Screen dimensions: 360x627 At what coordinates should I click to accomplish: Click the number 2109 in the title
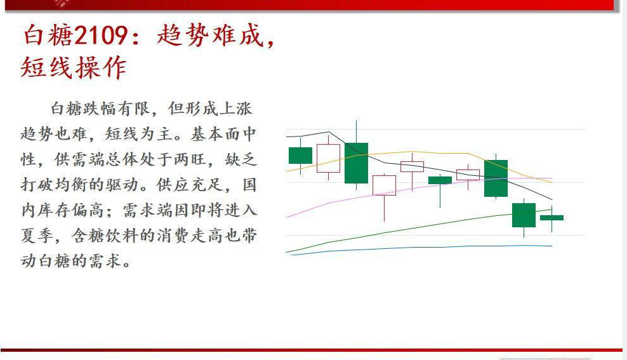pyautogui.click(x=102, y=36)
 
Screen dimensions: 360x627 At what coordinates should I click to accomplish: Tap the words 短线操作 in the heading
pyautogui.click(x=74, y=67)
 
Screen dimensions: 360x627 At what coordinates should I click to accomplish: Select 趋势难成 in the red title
pyautogui.click(x=209, y=36)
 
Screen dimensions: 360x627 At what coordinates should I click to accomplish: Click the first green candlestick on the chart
pyautogui.click(x=300, y=155)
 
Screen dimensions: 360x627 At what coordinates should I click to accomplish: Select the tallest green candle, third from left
pyautogui.click(x=356, y=163)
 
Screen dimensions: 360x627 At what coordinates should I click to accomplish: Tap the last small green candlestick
pyautogui.click(x=551, y=218)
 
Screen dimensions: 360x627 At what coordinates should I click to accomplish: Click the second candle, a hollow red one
pyautogui.click(x=328, y=158)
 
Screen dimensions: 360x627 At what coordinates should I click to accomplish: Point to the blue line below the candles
pyautogui.click(x=412, y=247)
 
